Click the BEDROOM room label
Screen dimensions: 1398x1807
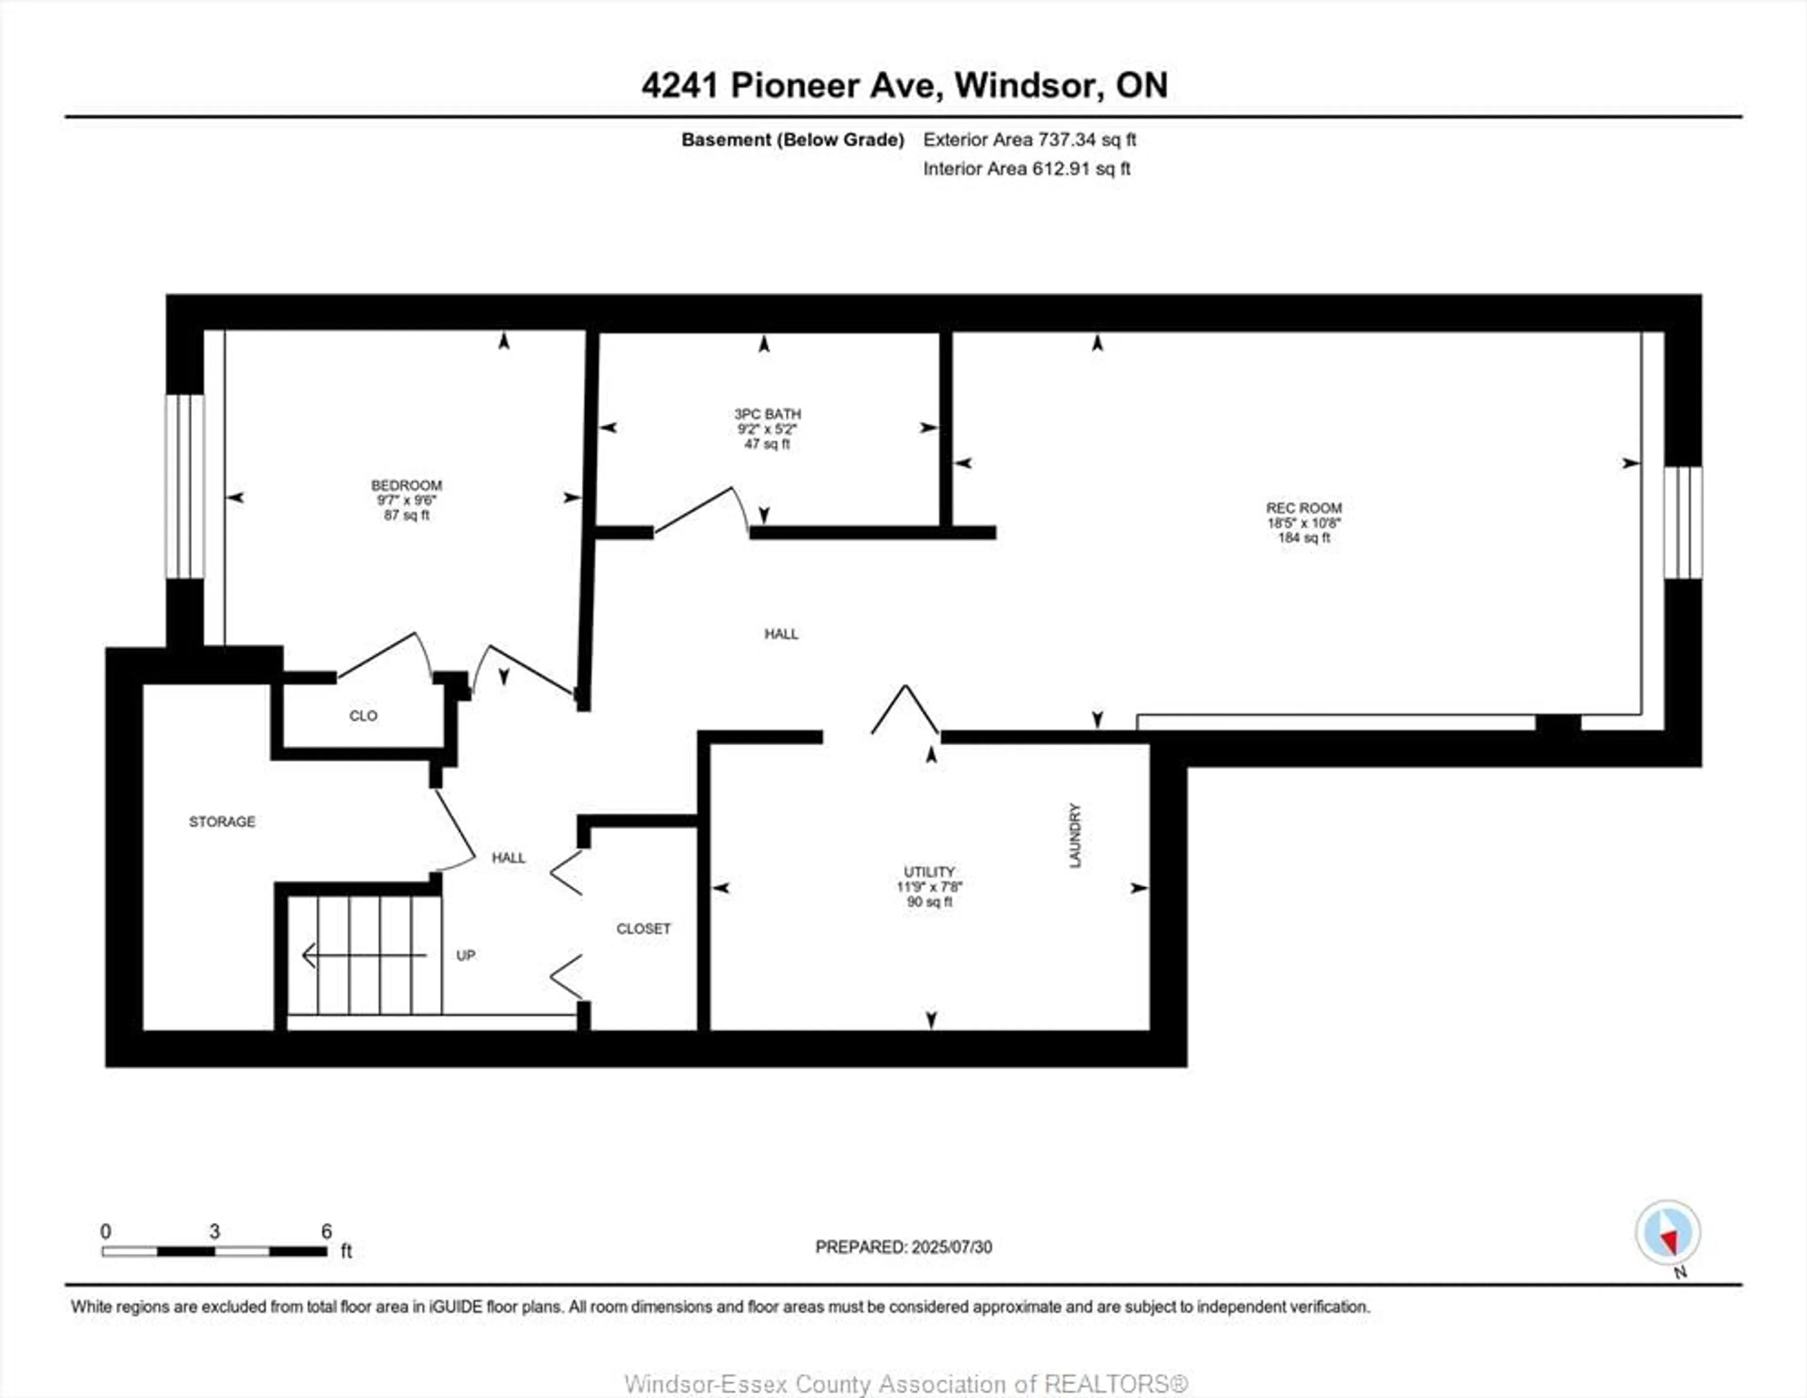[x=406, y=485]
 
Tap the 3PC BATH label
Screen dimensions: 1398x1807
[x=767, y=414]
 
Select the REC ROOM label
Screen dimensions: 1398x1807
[x=1303, y=508]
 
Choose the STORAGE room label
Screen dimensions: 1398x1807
[x=222, y=822]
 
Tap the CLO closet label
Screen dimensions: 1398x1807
[x=363, y=716]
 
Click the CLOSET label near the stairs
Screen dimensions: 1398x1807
[x=643, y=929]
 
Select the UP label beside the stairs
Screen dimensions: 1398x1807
[x=466, y=955]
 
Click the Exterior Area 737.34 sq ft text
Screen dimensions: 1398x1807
[x=1029, y=140]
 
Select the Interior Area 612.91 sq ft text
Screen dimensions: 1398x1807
[x=1026, y=169]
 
